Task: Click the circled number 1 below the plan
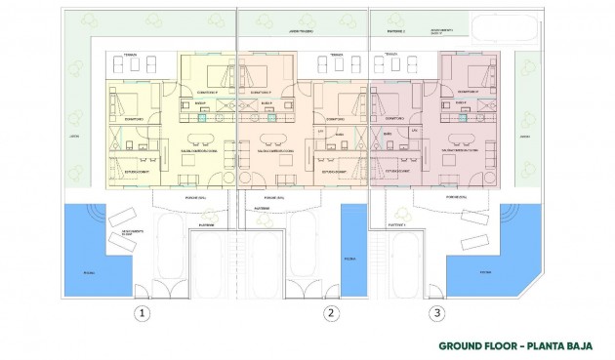pyautogui.click(x=143, y=313)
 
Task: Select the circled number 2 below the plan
pyautogui.click(x=332, y=313)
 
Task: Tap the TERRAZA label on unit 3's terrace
pyautogui.click(x=391, y=55)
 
